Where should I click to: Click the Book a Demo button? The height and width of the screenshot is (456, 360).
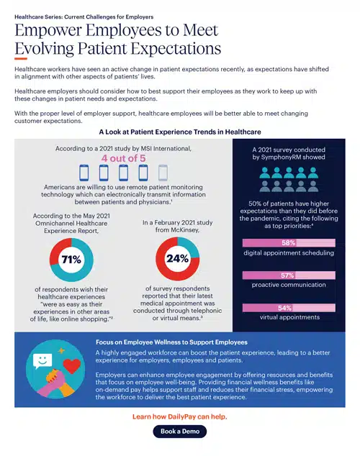tap(179, 432)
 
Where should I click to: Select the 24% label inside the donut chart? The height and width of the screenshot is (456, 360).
tap(177, 258)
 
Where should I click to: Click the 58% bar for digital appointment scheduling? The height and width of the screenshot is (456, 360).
tap(289, 243)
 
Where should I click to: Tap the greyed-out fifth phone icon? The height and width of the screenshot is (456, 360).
tap(163, 173)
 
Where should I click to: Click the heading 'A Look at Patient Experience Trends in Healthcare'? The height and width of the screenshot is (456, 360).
tap(179, 132)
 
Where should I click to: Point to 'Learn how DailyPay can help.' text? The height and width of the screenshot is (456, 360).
tap(179, 416)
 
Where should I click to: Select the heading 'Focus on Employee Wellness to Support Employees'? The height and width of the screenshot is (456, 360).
tap(171, 342)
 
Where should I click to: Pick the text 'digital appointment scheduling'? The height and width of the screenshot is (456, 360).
tap(289, 253)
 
